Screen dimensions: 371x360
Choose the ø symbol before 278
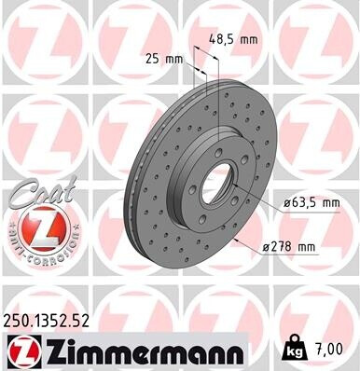(266, 245)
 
